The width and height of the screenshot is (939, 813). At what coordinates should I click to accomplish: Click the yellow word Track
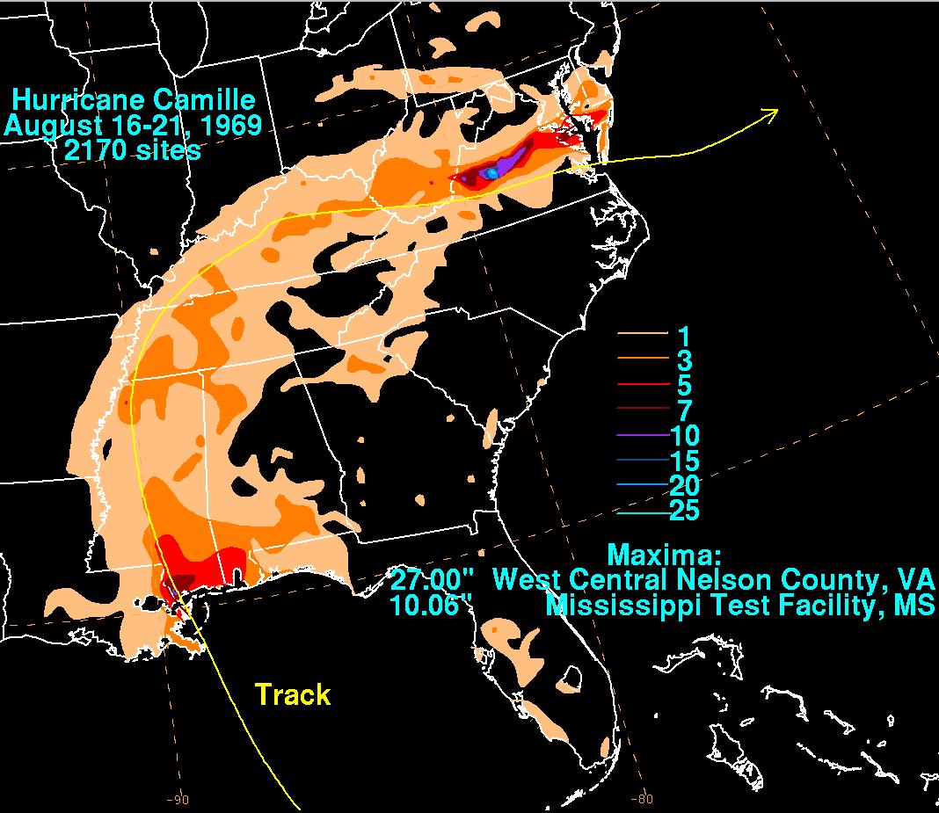tap(293, 694)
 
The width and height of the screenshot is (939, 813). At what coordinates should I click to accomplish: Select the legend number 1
tap(683, 335)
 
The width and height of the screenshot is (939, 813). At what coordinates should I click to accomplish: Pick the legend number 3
tap(683, 360)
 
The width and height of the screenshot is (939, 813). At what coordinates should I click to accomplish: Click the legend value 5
tap(683, 386)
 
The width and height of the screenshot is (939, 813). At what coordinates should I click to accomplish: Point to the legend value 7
tap(683, 410)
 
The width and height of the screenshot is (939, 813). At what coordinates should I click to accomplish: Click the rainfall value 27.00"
tap(433, 580)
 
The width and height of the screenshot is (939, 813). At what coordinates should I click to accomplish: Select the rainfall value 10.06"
tap(433, 605)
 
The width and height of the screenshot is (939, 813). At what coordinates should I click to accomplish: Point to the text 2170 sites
tap(132, 149)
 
